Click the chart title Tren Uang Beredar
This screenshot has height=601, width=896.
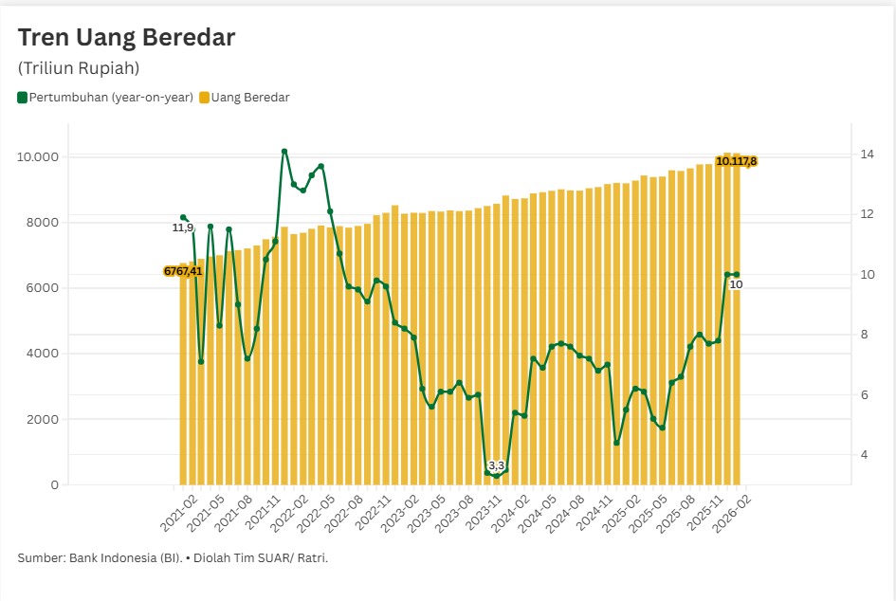point(126,38)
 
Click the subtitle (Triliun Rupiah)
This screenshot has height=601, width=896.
point(79,68)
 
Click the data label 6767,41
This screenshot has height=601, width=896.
point(183,271)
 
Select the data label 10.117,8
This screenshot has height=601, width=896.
point(736,161)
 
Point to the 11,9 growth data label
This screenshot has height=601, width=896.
point(183,228)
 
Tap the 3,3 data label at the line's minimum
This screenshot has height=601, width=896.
point(496,465)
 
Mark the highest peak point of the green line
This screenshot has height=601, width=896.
point(284,151)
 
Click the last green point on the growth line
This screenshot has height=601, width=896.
point(737,275)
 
